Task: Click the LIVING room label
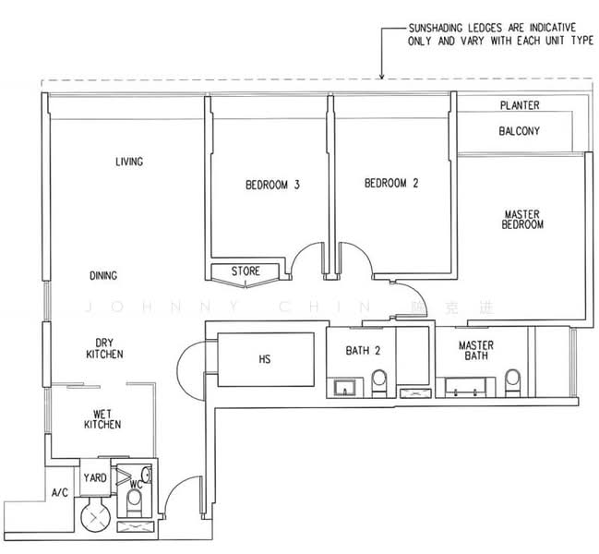point(129,162)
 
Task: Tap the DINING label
point(103,275)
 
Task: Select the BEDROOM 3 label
point(272,185)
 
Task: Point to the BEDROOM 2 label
point(391,183)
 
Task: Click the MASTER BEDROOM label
point(522,220)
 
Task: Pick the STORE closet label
point(246,271)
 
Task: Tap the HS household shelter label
point(264,359)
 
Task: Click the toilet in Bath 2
point(379,383)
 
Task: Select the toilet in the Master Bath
point(512,383)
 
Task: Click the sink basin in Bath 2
point(344,388)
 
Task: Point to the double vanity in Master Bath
point(465,387)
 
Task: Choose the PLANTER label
point(520,105)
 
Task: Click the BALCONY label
point(519,131)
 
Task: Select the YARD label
point(95,477)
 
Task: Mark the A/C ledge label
point(60,492)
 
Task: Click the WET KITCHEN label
point(102,419)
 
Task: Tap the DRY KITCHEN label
point(104,348)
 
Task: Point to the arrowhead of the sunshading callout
point(381,77)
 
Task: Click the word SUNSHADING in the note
point(435,28)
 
